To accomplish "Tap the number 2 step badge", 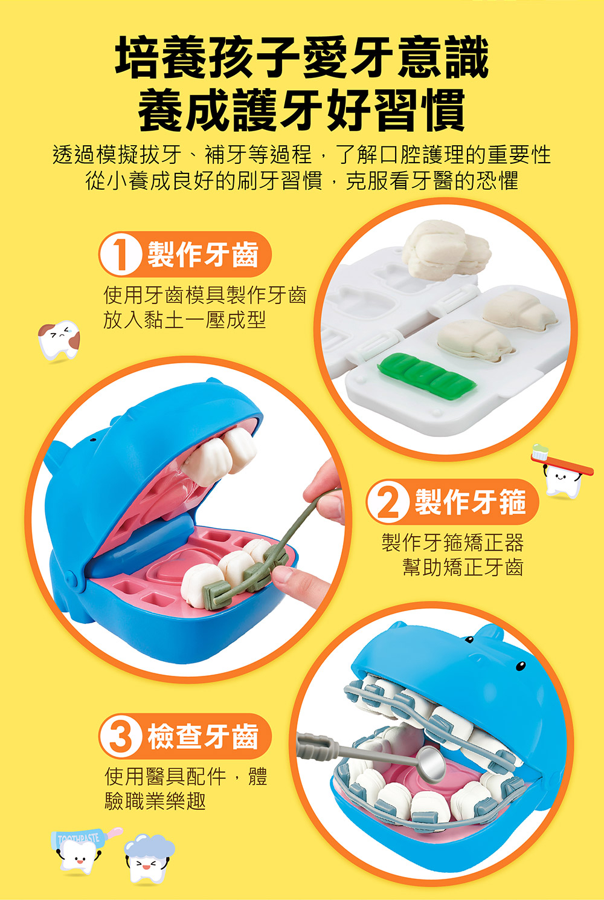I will click(x=388, y=502).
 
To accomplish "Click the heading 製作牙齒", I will click(x=203, y=254).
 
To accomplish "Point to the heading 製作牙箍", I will click(x=470, y=502).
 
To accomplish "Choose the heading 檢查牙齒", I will click(x=203, y=737).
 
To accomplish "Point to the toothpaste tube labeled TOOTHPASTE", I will click(x=79, y=839).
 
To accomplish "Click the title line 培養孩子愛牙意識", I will click(x=302, y=58).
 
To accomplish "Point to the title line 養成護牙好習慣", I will click(x=302, y=110).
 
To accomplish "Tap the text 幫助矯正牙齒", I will click(x=463, y=568).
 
